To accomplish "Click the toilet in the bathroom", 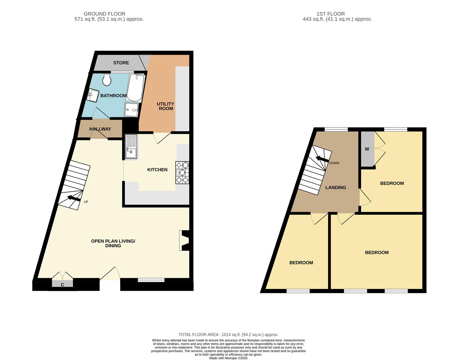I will (107, 79).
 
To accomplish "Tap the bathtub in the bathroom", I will (135, 87).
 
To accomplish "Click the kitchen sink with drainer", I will (131, 147).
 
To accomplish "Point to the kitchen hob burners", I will (182, 173).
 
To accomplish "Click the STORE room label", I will (121, 63).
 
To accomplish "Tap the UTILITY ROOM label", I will (165, 106).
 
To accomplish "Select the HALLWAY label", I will (100, 129).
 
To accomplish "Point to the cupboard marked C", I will (62, 284).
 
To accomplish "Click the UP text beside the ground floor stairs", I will (86, 202).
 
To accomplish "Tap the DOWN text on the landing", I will (334, 163).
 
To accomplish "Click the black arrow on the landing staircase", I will (322, 159).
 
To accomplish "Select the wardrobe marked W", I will (367, 149).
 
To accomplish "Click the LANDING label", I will (336, 187).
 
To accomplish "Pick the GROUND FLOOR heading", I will (104, 14).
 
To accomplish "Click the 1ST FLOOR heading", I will (331, 14).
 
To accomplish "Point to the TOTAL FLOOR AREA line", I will (228, 334).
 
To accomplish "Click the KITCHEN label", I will (157, 170).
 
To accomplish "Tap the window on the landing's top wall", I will (336, 129).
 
